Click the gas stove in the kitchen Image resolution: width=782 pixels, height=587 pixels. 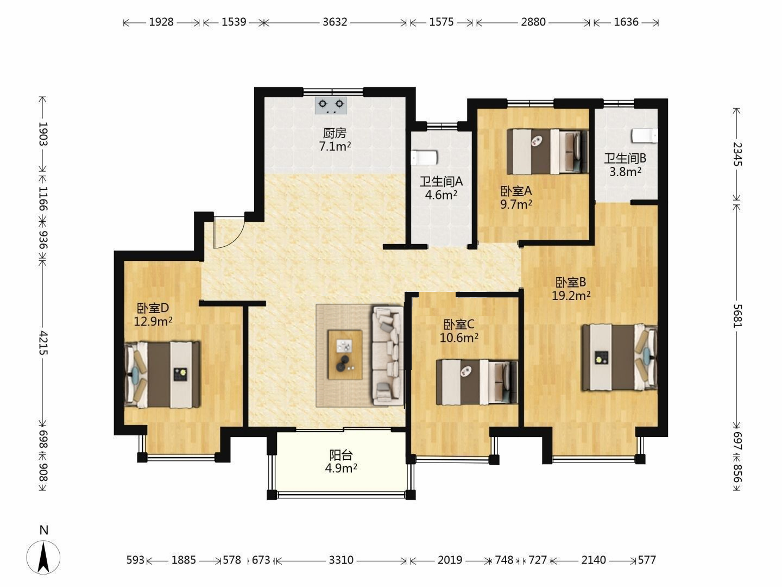point(331,105)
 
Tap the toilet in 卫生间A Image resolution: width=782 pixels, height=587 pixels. point(424,158)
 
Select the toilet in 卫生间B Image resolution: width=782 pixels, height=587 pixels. point(645,136)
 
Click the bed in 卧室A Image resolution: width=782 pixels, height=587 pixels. point(547,152)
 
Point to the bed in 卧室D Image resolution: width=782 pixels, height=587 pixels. point(162,374)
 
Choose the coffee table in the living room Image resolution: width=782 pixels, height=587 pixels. point(345,354)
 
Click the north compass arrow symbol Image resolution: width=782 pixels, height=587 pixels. point(43,558)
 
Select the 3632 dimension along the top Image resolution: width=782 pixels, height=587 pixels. point(335,22)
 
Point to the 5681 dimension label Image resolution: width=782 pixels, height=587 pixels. point(736,315)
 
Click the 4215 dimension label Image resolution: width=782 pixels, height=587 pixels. point(43,342)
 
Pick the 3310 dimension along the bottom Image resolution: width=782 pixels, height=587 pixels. point(341,560)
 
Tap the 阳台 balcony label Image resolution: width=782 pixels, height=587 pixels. point(341,455)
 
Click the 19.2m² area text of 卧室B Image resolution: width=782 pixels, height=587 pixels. point(571,296)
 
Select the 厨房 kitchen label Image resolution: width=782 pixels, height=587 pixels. point(335,133)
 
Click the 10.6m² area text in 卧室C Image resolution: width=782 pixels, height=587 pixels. point(459,337)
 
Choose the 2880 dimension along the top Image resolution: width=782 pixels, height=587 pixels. point(533,22)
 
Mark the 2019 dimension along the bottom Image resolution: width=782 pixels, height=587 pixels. point(450,560)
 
